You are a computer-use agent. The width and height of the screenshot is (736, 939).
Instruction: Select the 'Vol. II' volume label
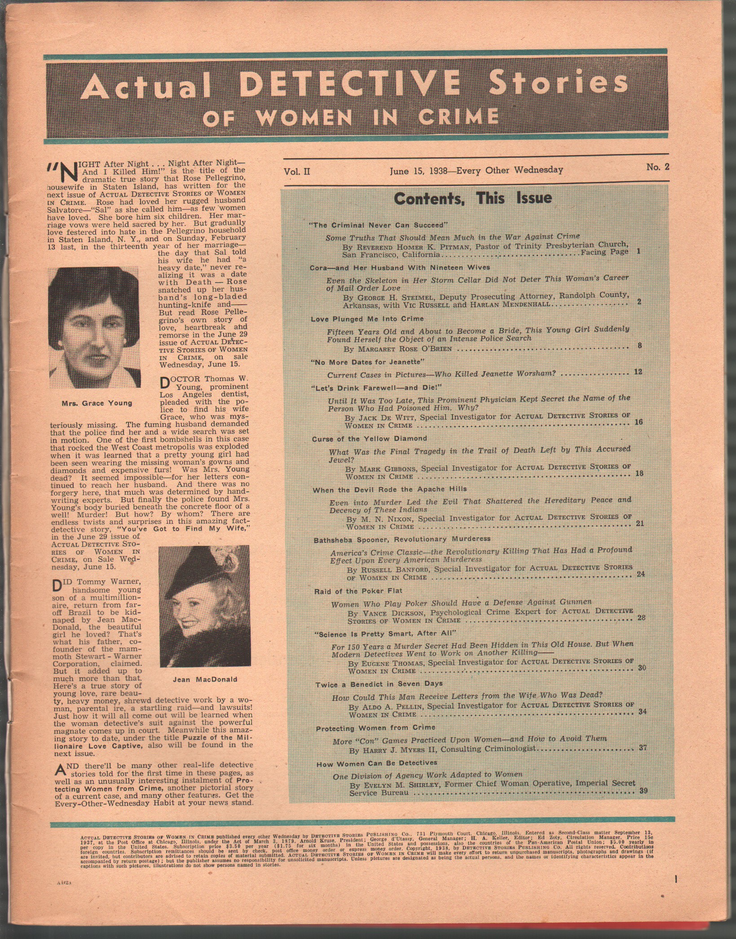click(296, 171)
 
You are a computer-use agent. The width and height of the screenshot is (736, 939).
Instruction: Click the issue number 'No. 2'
click(657, 167)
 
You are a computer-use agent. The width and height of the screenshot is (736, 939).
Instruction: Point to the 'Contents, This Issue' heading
click(472, 198)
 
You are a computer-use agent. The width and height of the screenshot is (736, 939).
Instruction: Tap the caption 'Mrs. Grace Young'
click(97, 403)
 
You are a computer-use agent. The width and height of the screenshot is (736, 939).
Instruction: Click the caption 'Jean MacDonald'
click(205, 679)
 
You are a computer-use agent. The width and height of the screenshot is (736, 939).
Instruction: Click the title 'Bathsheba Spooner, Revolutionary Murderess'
click(402, 539)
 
